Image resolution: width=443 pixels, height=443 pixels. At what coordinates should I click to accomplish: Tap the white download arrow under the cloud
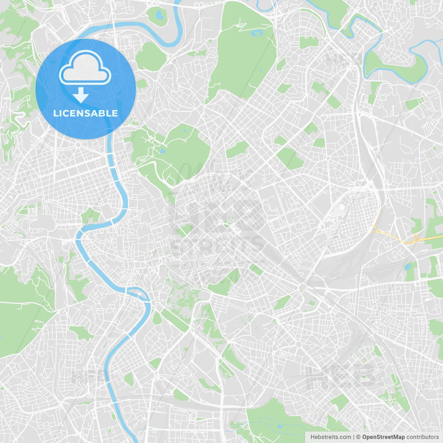pos(81,95)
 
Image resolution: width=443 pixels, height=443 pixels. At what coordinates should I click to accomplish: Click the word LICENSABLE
pos(85,113)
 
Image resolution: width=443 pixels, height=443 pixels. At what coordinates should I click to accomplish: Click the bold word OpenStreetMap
pos(383,437)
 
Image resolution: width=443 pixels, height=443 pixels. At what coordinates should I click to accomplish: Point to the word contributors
pos(422,437)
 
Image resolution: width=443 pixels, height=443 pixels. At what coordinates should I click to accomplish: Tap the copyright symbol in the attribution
pos(359,437)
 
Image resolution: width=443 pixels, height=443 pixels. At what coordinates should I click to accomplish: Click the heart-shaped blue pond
pos(159,15)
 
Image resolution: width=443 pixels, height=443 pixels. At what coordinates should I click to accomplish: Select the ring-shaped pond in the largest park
pos(256,34)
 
